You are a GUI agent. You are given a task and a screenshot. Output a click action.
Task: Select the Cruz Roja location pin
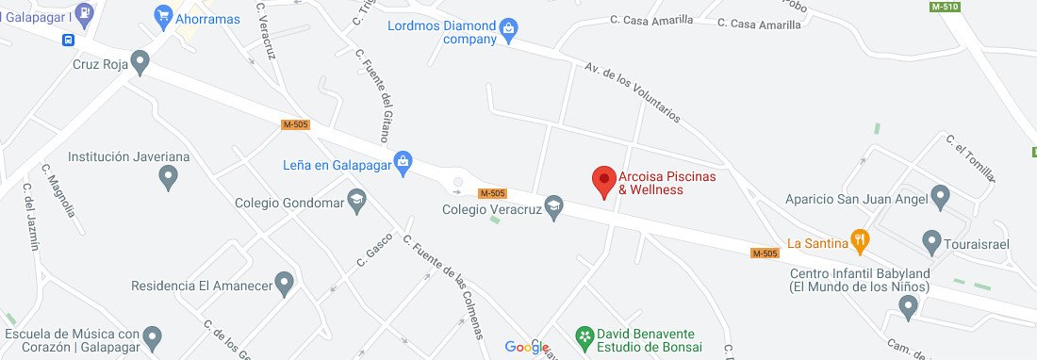pyautogui.click(x=140, y=64)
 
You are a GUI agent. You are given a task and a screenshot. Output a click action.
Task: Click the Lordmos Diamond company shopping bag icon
pyautogui.click(x=508, y=29)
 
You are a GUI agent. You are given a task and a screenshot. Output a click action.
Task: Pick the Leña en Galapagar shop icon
pyautogui.click(x=403, y=162)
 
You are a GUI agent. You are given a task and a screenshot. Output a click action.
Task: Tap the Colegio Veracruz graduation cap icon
pyautogui.click(x=555, y=208)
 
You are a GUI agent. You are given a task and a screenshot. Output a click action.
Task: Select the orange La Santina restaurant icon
pyautogui.click(x=859, y=241)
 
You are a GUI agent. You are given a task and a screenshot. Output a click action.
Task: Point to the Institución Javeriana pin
pyautogui.click(x=168, y=174)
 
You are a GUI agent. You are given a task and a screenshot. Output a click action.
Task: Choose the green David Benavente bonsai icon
pyautogui.click(x=585, y=335)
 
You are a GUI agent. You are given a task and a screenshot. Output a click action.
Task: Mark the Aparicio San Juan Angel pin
pyautogui.click(x=940, y=196)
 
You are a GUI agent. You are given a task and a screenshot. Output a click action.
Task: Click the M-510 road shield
pyautogui.click(x=945, y=8)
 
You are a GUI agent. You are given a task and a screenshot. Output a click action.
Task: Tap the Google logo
pyautogui.click(x=527, y=347)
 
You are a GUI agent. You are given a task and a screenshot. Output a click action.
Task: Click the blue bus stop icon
pyautogui.click(x=70, y=40)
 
